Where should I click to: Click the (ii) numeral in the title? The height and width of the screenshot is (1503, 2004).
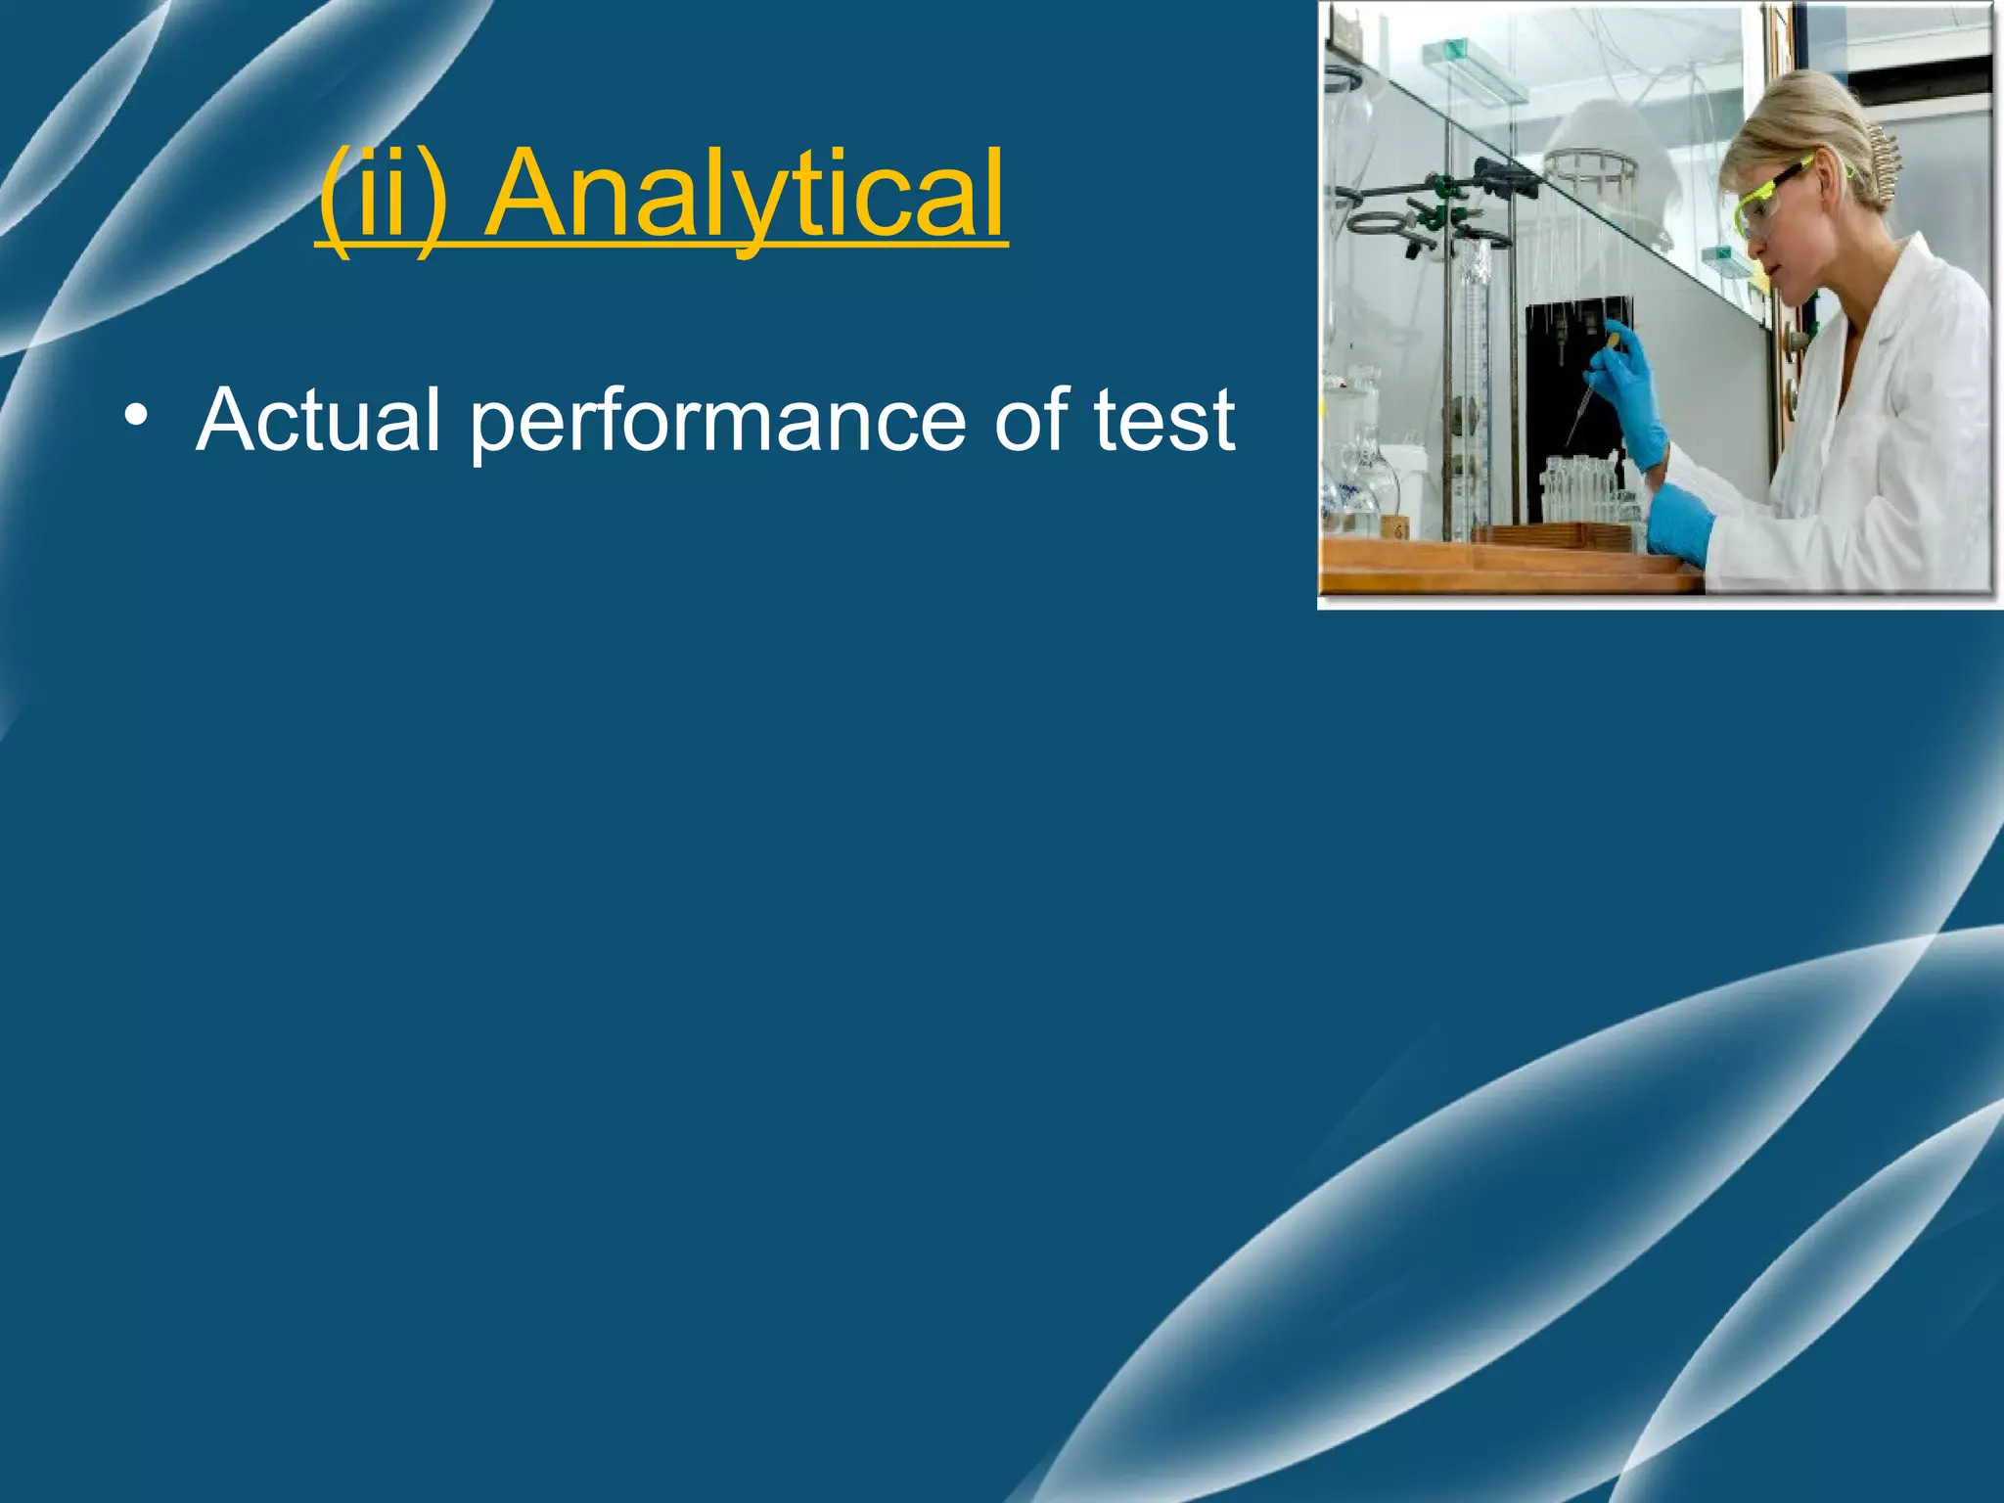click(385, 195)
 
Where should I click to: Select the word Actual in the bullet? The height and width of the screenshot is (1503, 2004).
click(318, 420)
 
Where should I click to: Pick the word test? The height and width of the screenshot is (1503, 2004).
click(1164, 421)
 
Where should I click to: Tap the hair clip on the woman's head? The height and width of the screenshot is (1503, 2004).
click(1884, 161)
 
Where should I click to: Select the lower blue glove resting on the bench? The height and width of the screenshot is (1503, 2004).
click(1678, 524)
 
